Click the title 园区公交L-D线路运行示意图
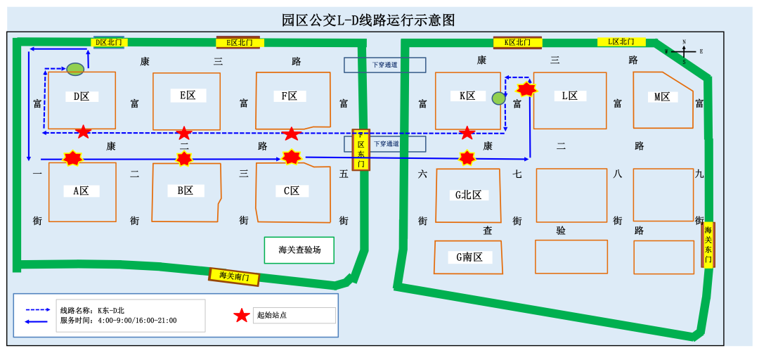click(368, 20)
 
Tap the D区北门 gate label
click(108, 43)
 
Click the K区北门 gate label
click(517, 42)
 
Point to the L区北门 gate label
click(621, 42)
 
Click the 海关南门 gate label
click(234, 277)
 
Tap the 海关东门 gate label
click(708, 245)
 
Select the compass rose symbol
click(684, 51)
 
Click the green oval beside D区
click(75, 69)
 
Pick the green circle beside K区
click(498, 98)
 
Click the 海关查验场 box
click(299, 250)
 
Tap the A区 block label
click(82, 191)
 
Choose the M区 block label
click(662, 97)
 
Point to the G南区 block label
click(469, 257)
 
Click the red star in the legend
click(242, 316)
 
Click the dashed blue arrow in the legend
click(39, 310)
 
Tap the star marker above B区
click(184, 159)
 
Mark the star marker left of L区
click(526, 89)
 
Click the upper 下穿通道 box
click(384, 65)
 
